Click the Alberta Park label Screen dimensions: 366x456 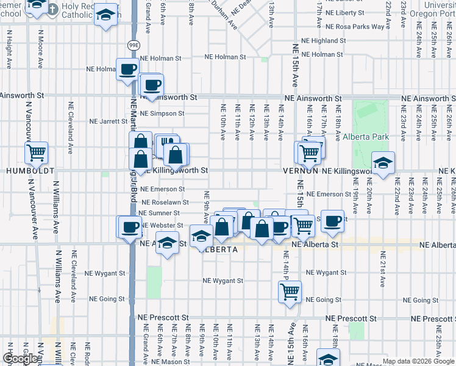(365, 137)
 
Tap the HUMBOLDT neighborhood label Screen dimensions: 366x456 (30, 171)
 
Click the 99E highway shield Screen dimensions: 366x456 (134, 45)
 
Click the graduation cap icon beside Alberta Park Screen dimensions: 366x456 (383, 163)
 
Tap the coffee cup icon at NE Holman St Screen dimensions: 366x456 (127, 70)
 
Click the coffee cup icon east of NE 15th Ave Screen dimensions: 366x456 (333, 221)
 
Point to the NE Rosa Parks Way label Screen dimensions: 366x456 (355, 27)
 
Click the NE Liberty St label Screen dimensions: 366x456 (344, 12)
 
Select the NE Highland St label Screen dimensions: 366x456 (324, 41)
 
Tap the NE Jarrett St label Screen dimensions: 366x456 (109, 121)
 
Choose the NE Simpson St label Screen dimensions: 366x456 (162, 113)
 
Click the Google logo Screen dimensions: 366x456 (20, 359)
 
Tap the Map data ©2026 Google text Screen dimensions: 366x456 (418, 361)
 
